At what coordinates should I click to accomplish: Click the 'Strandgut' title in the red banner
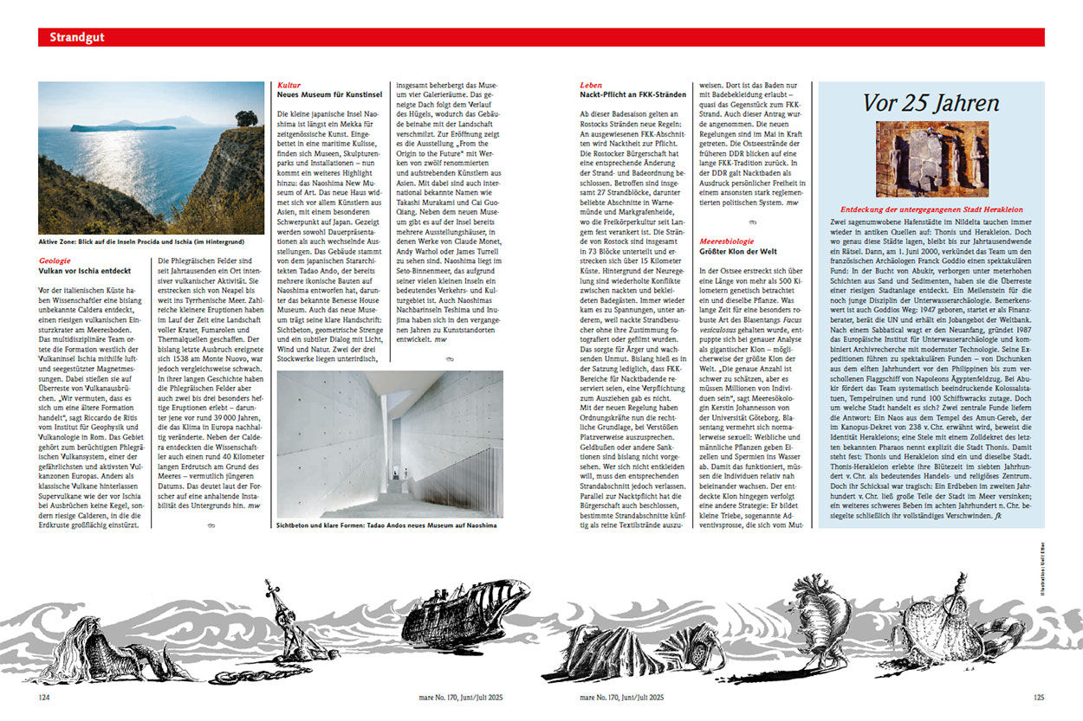tap(76, 37)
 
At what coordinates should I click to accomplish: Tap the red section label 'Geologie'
tap(56, 261)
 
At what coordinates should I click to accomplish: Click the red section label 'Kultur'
tap(289, 86)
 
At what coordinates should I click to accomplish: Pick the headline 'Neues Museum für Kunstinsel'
tap(328, 94)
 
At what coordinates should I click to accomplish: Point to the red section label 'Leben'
tap(591, 86)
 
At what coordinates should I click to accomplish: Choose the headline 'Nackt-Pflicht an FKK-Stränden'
tap(632, 94)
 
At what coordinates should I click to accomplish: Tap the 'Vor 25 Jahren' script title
tap(931, 102)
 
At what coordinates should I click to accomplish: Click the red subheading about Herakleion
tap(931, 209)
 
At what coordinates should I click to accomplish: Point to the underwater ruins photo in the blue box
tap(932, 158)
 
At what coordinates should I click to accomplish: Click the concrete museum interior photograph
tap(390, 444)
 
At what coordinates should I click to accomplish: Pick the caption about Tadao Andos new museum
tap(386, 525)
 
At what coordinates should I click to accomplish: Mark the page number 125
tap(1038, 695)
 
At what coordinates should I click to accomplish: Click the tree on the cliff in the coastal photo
tap(246, 118)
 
